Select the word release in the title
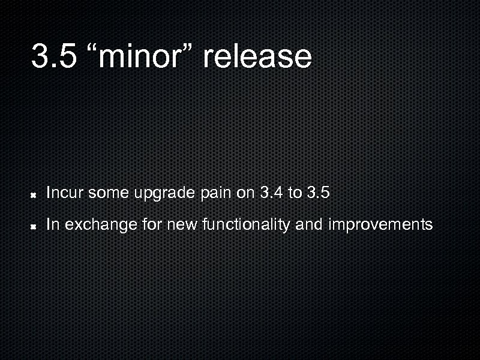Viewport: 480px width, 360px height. [x=257, y=56]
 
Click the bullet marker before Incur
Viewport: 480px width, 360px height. [x=35, y=194]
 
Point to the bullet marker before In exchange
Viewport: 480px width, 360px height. [x=35, y=226]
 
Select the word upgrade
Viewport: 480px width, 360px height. [x=164, y=194]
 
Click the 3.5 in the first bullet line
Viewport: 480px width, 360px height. [x=318, y=193]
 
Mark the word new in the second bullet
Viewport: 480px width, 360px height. [x=183, y=225]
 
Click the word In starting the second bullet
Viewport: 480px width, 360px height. [x=52, y=225]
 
